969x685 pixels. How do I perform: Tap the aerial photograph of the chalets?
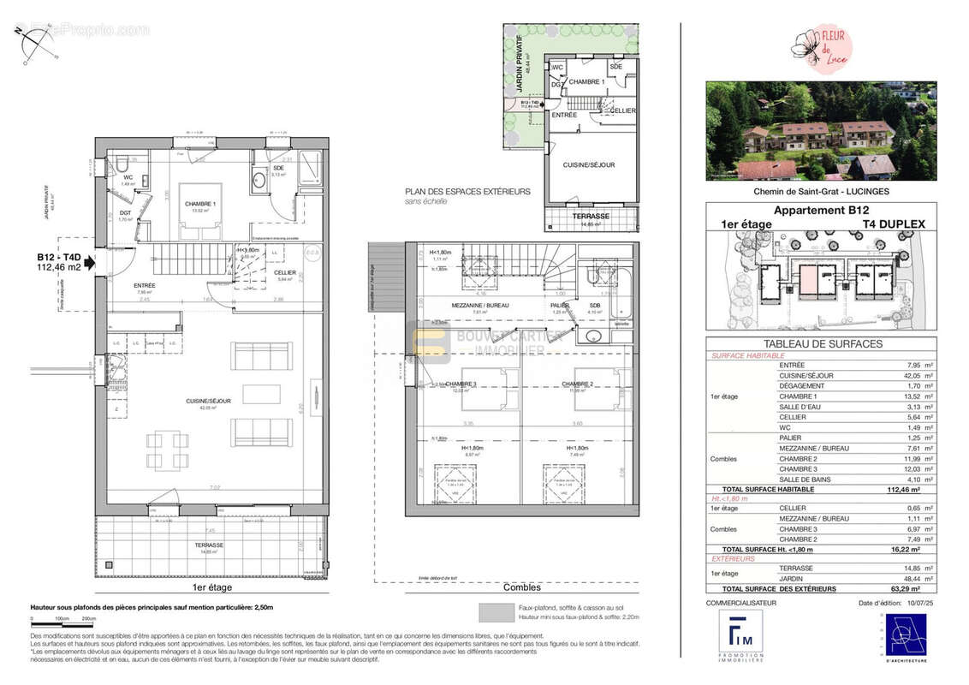[x=820, y=130]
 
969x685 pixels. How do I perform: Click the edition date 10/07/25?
[x=911, y=604]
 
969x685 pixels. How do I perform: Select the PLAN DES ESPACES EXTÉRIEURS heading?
[x=467, y=192]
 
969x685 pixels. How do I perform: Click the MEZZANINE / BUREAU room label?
[x=479, y=305]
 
